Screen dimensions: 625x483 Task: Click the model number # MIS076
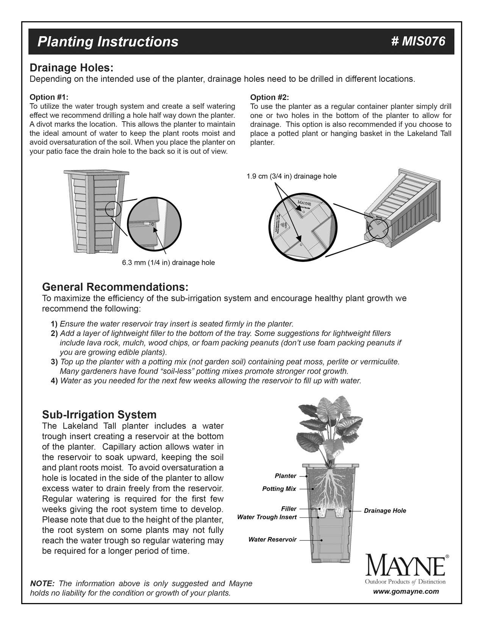pos(418,41)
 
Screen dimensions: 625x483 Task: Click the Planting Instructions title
pos(108,42)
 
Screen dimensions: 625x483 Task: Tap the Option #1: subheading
pos(49,97)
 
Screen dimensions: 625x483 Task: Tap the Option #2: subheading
pos(269,97)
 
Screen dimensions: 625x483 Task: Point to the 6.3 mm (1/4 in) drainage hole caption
pos(168,262)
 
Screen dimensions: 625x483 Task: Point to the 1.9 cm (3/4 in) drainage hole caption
pos(291,176)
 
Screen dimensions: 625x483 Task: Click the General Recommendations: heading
pos(115,286)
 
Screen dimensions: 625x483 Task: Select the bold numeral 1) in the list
pos(54,324)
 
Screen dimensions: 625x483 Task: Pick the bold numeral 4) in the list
pos(54,381)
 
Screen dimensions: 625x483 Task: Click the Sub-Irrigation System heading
pos(99,414)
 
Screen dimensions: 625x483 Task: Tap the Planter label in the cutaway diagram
pos(285,476)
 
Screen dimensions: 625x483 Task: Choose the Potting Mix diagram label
pos(279,489)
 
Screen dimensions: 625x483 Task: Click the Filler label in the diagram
pos(289,509)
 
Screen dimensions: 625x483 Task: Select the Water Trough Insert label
pos(267,517)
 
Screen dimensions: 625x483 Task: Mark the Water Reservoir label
pos(272,539)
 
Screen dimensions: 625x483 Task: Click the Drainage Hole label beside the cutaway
pos(385,511)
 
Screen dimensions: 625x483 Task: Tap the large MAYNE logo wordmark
pos(405,566)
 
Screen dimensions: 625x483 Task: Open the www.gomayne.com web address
pos(406,591)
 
